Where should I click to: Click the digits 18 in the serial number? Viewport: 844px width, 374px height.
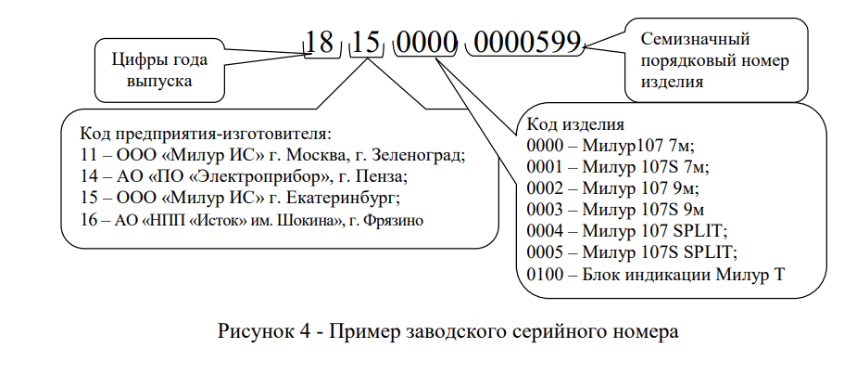320,42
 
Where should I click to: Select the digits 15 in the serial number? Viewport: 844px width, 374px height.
366,42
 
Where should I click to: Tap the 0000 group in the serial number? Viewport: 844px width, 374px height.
426,42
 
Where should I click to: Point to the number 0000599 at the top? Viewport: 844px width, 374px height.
528,42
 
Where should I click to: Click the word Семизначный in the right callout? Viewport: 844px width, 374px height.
695,39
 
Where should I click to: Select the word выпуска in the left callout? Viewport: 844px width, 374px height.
160,82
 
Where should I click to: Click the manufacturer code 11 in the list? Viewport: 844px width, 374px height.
89,155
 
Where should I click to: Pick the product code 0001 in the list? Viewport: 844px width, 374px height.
545,167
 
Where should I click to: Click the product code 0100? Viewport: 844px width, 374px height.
545,275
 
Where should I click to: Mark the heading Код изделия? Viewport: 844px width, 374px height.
575,125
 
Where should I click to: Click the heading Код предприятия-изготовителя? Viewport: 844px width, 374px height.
205,133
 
